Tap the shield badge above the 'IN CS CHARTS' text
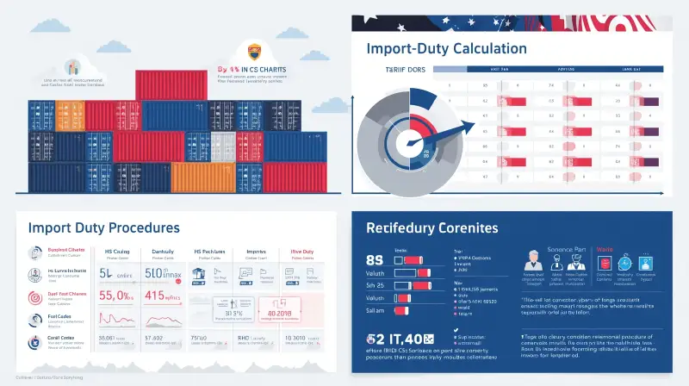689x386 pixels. click(x=254, y=51)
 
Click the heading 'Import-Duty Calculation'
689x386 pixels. click(x=446, y=48)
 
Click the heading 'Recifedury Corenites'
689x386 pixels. click(x=431, y=228)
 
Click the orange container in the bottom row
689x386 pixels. click(x=202, y=177)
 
